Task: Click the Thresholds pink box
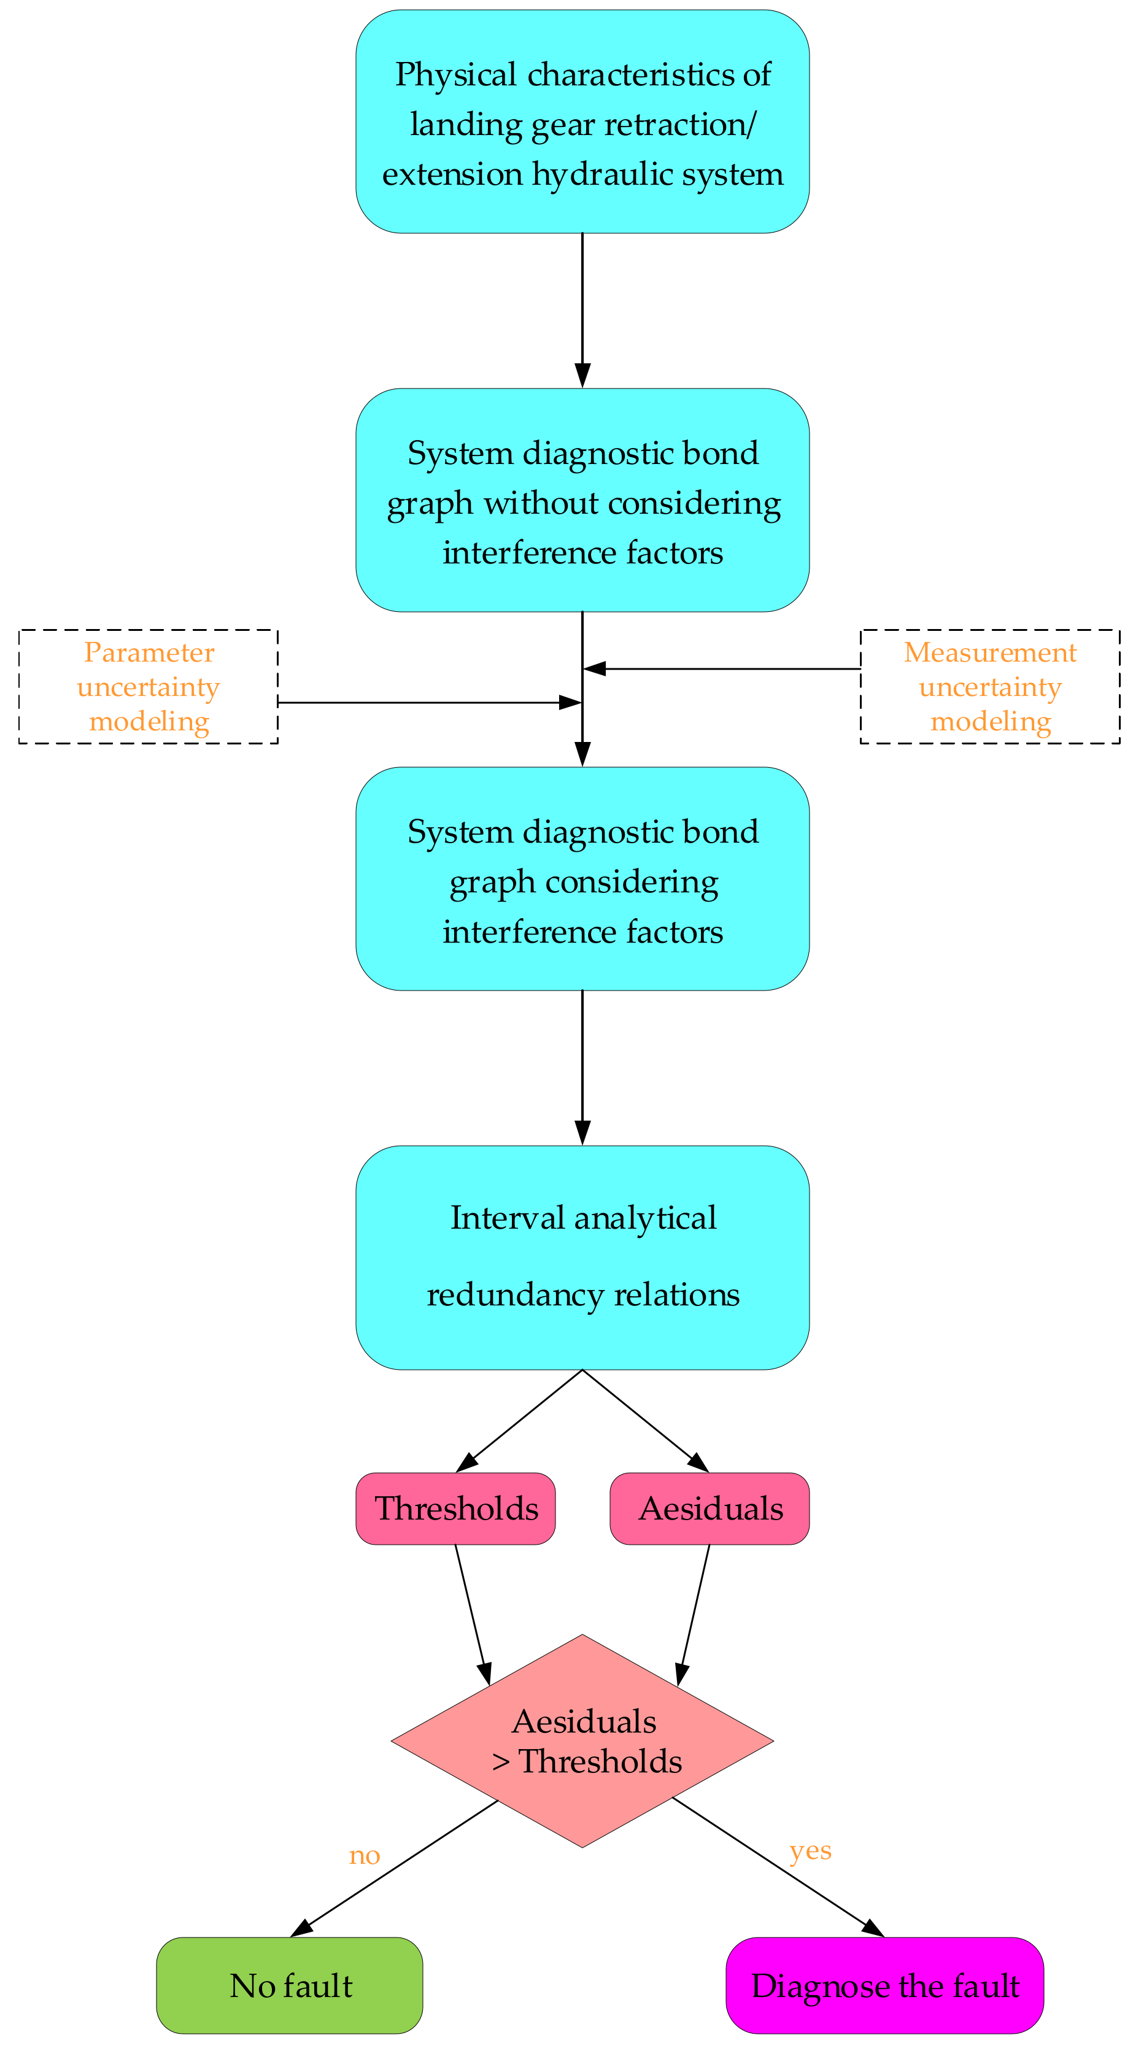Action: pyautogui.click(x=455, y=1508)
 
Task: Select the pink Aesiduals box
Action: pyautogui.click(x=710, y=1508)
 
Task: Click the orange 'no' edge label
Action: pyautogui.click(x=365, y=1855)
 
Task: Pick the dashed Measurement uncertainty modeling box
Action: pyautogui.click(x=989, y=686)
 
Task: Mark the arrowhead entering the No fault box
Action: pyautogui.click(x=302, y=1928)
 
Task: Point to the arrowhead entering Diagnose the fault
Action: pyautogui.click(x=873, y=1928)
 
